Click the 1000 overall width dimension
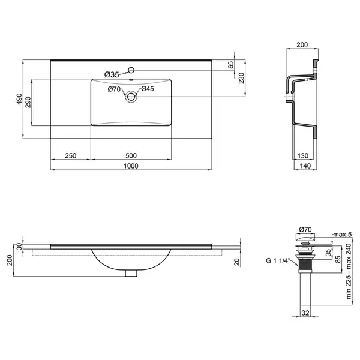[131, 166]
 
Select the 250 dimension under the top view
[70, 155]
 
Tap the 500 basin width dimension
[131, 155]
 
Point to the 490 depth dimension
[19, 99]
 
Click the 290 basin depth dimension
[28, 102]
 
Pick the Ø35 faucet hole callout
[112, 74]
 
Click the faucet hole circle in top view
[131, 70]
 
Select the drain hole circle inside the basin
[131, 97]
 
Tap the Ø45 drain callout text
[148, 89]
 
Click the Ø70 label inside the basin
[114, 89]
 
